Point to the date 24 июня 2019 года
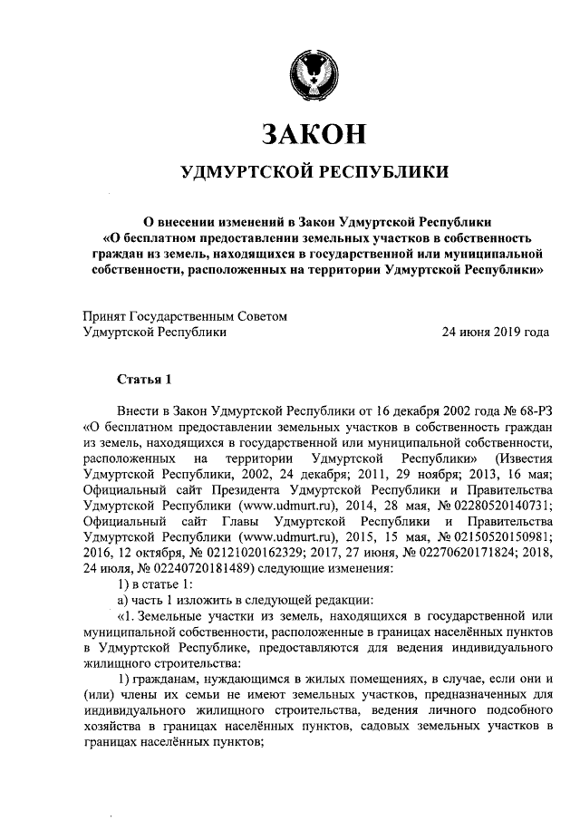[495, 333]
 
